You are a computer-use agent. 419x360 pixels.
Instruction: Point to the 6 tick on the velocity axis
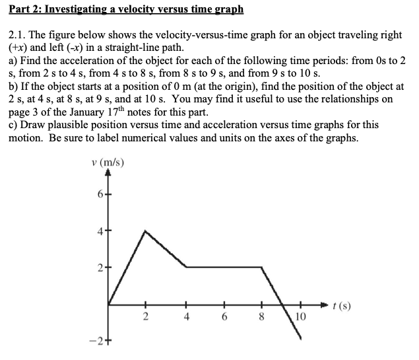[99, 193]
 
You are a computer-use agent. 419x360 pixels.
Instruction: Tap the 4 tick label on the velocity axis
[99, 231]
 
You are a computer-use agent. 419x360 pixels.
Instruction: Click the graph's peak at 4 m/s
[146, 231]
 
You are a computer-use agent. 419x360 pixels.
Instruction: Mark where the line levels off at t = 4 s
[186, 267]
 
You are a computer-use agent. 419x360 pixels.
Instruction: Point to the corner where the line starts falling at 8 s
[263, 267]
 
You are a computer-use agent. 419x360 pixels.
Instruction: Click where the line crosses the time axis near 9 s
[282, 305]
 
